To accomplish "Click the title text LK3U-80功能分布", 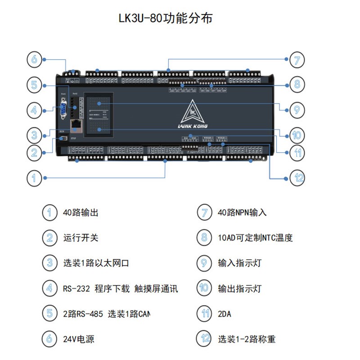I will [165, 18].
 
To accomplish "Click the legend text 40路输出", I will [81, 212].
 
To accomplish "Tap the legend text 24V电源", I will [79, 339].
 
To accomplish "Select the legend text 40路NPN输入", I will [242, 212].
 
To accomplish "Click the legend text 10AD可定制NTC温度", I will [255, 238].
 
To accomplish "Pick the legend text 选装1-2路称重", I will [247, 339].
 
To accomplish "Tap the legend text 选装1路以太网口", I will [96, 263].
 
